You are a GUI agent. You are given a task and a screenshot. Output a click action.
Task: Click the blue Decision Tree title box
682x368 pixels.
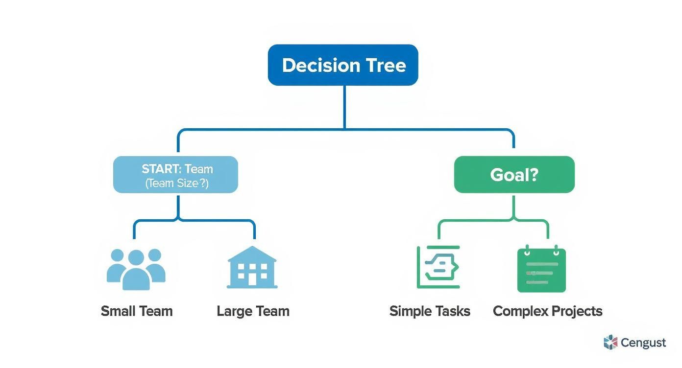343,65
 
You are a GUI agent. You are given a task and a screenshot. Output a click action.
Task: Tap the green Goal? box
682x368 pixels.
514,175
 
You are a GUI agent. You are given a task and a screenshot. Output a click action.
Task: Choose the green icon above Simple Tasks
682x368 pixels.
438,267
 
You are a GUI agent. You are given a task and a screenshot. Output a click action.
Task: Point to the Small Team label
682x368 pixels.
137,311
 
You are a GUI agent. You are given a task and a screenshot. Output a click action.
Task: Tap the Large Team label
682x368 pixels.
253,311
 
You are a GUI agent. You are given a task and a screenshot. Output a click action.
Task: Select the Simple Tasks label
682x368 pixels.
430,311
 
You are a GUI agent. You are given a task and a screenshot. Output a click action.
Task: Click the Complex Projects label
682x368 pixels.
547,311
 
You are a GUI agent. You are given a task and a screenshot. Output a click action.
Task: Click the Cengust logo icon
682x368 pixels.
610,343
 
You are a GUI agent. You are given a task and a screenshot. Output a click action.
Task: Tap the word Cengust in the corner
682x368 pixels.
643,343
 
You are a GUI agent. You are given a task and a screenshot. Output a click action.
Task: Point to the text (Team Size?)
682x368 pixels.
177,184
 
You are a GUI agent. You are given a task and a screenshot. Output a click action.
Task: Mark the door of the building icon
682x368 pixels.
252,279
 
